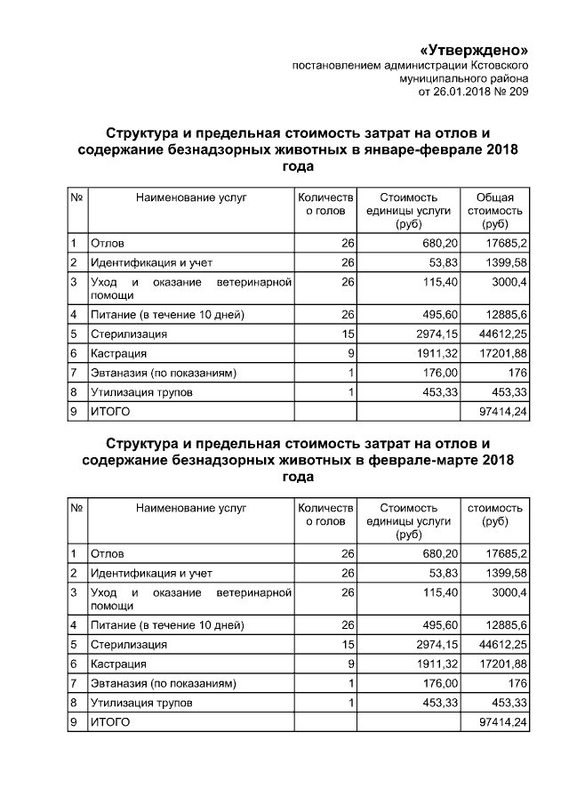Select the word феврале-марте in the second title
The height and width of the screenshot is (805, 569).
(421, 460)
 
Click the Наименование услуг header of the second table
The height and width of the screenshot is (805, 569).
(190, 508)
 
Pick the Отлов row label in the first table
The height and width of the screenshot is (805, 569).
(108, 243)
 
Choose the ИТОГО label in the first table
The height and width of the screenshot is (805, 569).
(110, 412)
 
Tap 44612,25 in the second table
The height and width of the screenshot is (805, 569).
(502, 644)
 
